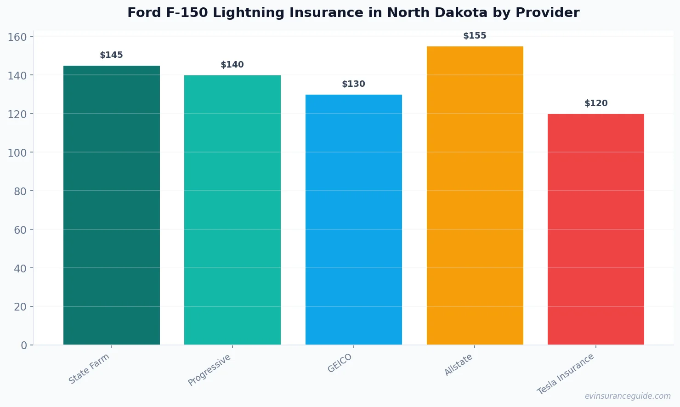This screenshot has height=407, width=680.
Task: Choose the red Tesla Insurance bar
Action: [596, 229]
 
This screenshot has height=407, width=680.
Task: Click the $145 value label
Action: [112, 55]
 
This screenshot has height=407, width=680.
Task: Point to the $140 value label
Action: [232, 65]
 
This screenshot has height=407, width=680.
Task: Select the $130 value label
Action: [354, 84]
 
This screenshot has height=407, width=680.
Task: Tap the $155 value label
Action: [475, 36]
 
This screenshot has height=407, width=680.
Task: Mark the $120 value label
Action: [596, 103]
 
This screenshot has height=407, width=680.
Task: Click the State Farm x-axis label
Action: [89, 368]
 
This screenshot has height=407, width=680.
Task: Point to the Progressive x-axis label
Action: [210, 370]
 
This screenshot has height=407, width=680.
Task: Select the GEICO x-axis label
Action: [340, 363]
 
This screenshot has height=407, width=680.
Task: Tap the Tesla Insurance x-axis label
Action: [566, 374]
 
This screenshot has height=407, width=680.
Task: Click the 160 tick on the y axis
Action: [17, 37]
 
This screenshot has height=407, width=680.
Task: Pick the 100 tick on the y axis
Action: [17, 153]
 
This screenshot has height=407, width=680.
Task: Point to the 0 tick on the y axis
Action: [24, 345]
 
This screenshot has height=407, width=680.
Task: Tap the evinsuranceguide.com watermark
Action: [628, 396]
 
